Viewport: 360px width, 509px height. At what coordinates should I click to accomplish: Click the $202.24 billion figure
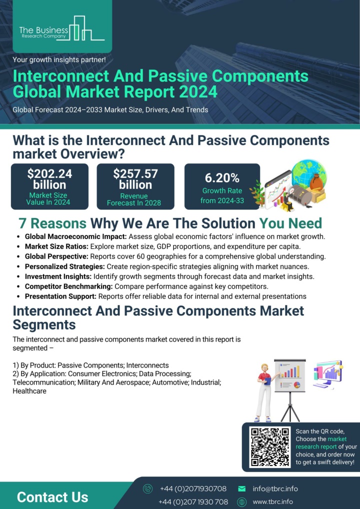tap(49, 179)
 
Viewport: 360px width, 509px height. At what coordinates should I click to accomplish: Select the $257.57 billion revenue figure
tap(135, 179)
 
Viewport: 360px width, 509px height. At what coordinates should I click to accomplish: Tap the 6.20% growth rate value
tap(222, 178)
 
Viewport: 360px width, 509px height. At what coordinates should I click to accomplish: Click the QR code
tap(270, 446)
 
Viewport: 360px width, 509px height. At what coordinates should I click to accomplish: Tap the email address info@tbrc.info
tap(275, 489)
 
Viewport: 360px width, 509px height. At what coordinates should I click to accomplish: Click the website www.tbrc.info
tap(272, 502)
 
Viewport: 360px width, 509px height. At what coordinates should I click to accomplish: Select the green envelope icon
tap(242, 489)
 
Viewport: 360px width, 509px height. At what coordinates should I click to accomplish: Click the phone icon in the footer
tap(147, 489)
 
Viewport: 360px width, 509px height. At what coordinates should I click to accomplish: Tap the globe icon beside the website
tap(242, 502)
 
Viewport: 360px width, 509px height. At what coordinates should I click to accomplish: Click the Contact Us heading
tap(52, 497)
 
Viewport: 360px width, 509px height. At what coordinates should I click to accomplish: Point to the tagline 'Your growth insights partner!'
tap(59, 59)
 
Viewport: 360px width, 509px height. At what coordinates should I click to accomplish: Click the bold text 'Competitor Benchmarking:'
tap(69, 286)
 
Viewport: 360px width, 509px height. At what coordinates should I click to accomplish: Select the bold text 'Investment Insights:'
tap(58, 276)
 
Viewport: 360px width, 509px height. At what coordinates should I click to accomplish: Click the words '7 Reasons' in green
tap(52, 223)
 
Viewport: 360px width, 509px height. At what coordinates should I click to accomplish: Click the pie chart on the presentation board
tap(296, 385)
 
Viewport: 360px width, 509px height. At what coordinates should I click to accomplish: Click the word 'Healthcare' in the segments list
tap(29, 391)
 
